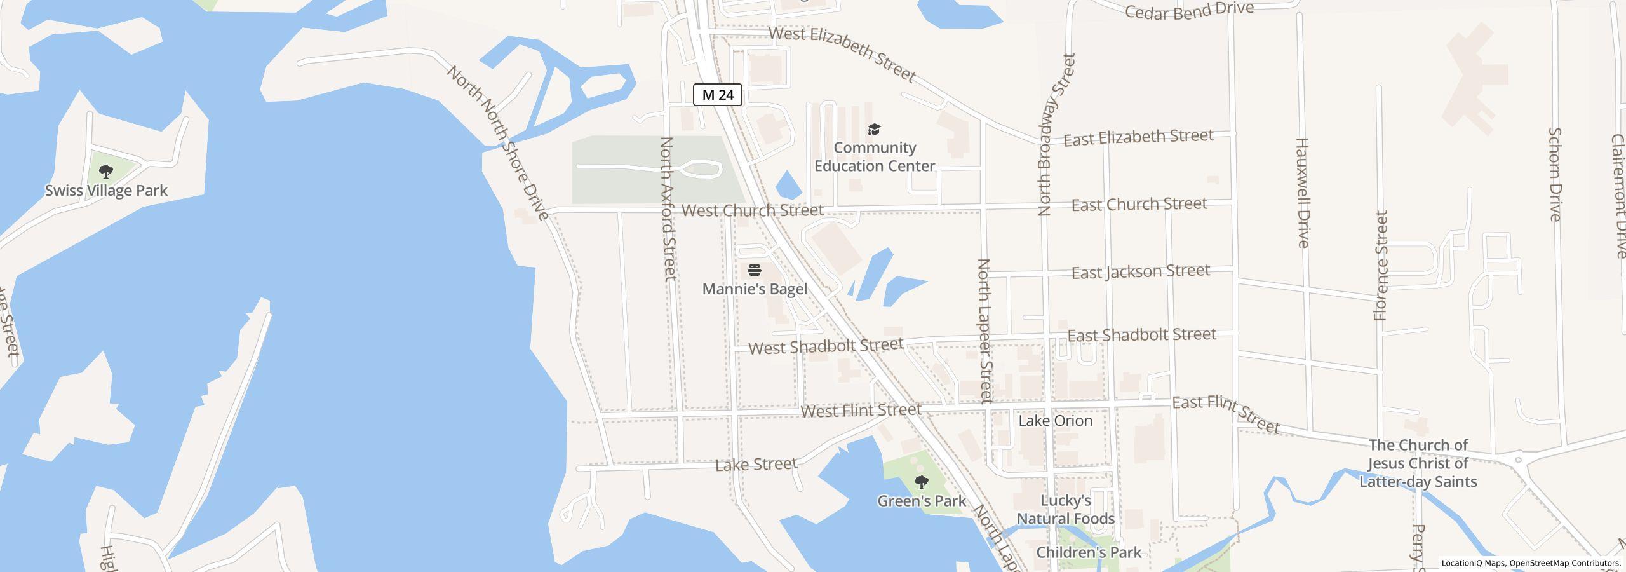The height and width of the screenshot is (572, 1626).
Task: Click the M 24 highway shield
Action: point(718,95)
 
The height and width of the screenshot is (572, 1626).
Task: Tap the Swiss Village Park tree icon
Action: point(106,171)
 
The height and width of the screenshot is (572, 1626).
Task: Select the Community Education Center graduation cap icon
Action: point(874,130)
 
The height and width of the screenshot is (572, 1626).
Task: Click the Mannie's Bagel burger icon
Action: point(755,270)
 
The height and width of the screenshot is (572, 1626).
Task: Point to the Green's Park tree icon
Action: point(921,482)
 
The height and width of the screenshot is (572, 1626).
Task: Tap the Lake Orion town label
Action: point(1055,421)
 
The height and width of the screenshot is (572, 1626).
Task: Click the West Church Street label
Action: point(752,210)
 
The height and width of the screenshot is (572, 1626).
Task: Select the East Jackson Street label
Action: point(1140,272)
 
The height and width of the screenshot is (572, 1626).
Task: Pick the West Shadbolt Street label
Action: point(825,346)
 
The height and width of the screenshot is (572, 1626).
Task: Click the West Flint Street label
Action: point(860,411)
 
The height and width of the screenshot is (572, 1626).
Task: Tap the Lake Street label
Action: point(755,465)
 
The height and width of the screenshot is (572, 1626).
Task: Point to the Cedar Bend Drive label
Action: point(1188,11)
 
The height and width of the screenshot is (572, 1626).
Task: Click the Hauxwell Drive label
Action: point(1302,192)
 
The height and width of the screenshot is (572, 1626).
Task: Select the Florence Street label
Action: point(1381,266)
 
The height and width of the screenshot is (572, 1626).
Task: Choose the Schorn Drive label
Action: point(1554,174)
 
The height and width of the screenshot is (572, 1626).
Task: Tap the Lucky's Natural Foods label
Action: point(1065,510)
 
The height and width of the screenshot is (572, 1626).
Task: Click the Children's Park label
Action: point(1089,552)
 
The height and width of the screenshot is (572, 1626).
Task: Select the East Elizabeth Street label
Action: point(1138,137)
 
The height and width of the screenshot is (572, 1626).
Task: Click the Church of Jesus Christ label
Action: point(1418,463)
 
